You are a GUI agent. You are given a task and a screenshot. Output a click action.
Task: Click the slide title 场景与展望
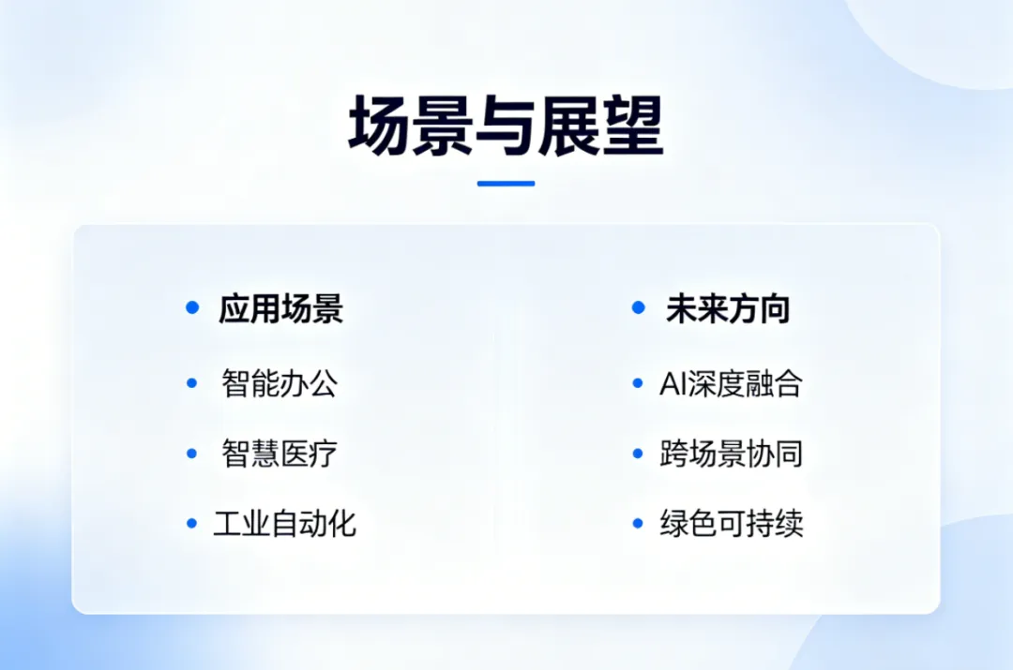click(506, 126)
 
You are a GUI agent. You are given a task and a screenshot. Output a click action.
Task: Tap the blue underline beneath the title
click(506, 184)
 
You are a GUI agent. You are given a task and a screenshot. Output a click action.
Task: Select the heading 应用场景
click(281, 308)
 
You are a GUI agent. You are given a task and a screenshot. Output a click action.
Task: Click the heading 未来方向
click(728, 308)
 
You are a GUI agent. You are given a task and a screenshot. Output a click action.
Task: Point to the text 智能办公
click(280, 383)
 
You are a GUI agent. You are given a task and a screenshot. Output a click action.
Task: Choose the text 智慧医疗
click(280, 454)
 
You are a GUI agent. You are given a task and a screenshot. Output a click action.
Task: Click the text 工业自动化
click(284, 523)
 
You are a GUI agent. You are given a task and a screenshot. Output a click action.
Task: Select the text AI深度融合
click(731, 383)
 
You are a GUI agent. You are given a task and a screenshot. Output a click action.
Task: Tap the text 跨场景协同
click(731, 454)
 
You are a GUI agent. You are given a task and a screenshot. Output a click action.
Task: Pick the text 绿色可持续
click(732, 523)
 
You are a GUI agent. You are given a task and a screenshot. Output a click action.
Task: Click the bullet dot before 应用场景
click(192, 307)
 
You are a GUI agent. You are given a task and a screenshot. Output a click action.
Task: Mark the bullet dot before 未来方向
click(639, 307)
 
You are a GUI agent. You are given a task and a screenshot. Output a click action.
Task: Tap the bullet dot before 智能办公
click(191, 383)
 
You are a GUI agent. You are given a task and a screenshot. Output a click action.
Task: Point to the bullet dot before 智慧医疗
click(191, 454)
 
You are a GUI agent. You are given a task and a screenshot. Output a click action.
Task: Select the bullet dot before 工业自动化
click(191, 523)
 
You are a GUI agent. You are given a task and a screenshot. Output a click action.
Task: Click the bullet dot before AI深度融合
click(638, 383)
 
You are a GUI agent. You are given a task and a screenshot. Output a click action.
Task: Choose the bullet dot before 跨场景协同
click(638, 454)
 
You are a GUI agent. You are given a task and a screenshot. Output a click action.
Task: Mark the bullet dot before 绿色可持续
click(638, 523)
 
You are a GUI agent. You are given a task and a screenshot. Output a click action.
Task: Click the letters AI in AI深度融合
click(672, 384)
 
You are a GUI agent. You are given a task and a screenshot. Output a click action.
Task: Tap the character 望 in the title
click(633, 126)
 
